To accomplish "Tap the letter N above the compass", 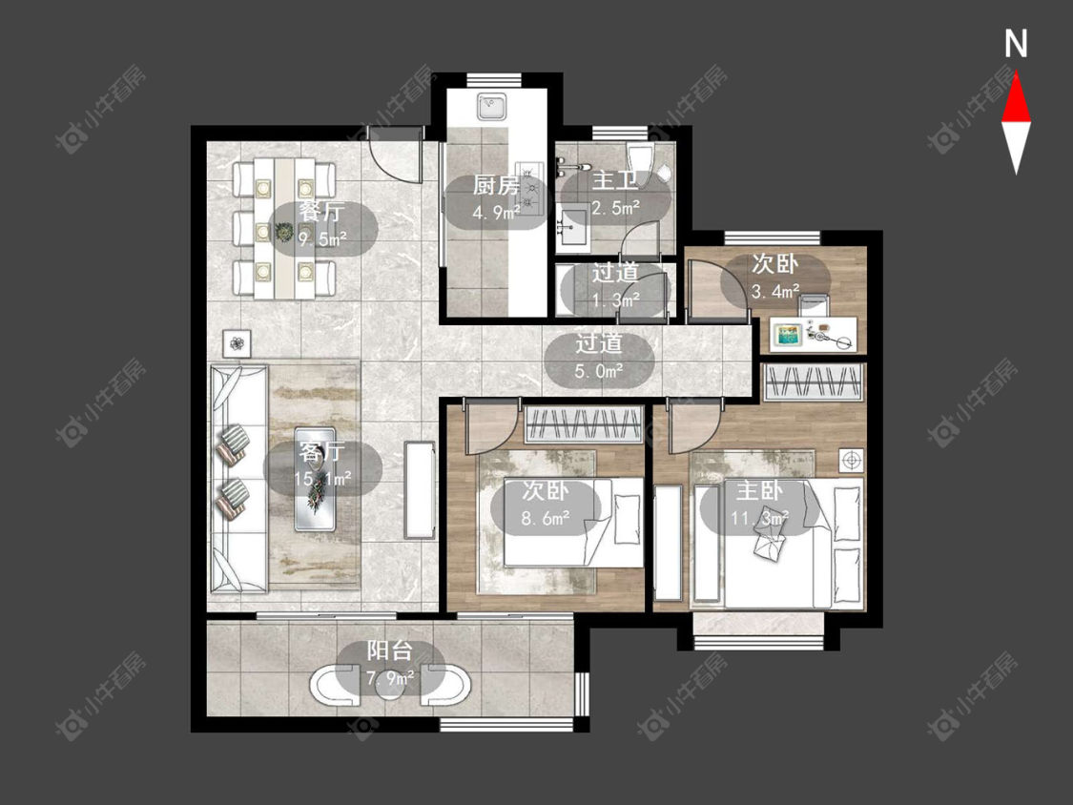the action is click(x=1016, y=44).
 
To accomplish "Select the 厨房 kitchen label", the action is click(x=496, y=185).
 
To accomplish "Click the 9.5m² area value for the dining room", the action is click(x=321, y=239).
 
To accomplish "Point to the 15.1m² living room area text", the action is click(x=322, y=478).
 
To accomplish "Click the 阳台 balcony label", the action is click(x=390, y=650).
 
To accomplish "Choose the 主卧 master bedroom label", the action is click(x=759, y=491).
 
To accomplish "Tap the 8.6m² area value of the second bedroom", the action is click(x=546, y=518).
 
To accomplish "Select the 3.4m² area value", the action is click(x=775, y=292).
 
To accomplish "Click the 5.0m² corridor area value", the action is click(x=599, y=371).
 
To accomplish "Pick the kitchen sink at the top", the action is click(x=491, y=106).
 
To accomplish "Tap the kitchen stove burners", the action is click(x=529, y=185).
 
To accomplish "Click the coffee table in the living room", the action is click(x=315, y=479).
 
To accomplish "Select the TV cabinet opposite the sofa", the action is click(x=420, y=490).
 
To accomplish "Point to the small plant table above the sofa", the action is click(x=237, y=343).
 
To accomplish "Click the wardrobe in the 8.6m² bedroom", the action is click(x=584, y=424).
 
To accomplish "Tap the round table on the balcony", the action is click(x=390, y=685).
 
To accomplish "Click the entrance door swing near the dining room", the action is click(x=395, y=154).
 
